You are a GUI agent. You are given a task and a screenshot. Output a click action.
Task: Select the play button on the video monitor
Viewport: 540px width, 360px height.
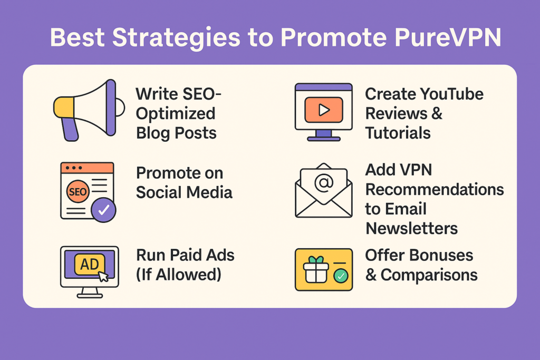pyautogui.click(x=324, y=110)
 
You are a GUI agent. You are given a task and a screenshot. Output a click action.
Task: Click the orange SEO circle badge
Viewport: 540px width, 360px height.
pyautogui.click(x=78, y=192)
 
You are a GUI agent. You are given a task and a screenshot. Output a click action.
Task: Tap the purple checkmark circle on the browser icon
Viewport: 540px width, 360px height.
pyautogui.click(x=104, y=210)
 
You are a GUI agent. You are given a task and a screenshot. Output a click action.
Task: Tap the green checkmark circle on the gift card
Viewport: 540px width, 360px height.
pyautogui.click(x=341, y=275)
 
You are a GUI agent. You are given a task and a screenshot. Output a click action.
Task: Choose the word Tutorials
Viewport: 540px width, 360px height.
pyautogui.click(x=398, y=132)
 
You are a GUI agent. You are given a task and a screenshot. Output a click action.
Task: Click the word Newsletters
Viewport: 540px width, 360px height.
pyautogui.click(x=412, y=228)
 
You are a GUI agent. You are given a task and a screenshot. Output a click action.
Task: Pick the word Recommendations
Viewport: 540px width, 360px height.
pyautogui.click(x=435, y=189)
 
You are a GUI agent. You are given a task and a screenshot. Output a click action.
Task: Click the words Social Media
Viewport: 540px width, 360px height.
pyautogui.click(x=184, y=192)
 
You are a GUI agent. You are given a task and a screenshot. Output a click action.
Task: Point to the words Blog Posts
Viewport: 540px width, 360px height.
pyautogui.click(x=176, y=132)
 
